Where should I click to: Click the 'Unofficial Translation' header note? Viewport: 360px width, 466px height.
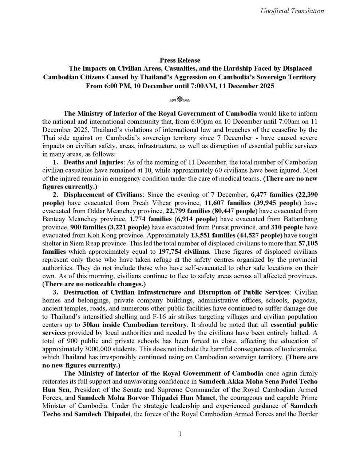point(292,11)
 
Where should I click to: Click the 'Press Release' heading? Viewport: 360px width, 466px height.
point(180,60)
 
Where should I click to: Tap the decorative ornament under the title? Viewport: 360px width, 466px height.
point(180,99)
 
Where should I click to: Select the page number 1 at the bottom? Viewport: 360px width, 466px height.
point(180,434)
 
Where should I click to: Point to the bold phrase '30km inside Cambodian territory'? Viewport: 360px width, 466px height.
point(155,324)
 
